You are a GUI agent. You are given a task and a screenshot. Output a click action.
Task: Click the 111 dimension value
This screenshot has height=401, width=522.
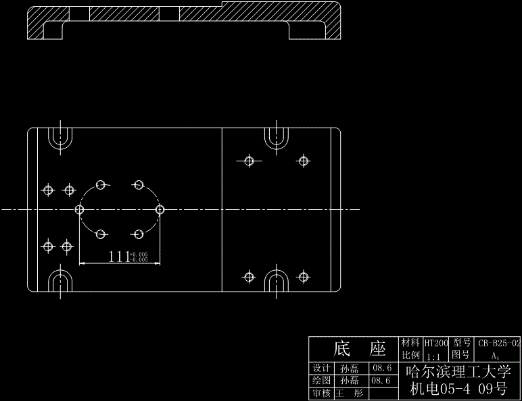click(x=119, y=256)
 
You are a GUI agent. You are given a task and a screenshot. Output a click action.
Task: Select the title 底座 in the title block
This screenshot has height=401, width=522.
click(x=359, y=349)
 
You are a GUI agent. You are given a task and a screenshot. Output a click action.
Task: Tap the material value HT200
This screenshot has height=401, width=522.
click(x=436, y=343)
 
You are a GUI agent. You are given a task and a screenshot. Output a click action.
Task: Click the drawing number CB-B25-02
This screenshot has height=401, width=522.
click(x=500, y=343)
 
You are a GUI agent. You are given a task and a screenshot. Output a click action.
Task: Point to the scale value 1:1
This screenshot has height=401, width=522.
click(x=434, y=355)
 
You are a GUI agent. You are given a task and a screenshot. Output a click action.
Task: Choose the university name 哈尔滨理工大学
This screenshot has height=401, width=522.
click(x=458, y=372)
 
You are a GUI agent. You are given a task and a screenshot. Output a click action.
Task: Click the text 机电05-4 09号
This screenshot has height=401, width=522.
click(x=458, y=389)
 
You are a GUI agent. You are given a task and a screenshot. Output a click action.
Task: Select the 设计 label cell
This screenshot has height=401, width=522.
click(x=321, y=369)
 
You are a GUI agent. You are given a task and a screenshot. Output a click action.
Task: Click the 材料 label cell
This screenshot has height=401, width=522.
click(x=410, y=343)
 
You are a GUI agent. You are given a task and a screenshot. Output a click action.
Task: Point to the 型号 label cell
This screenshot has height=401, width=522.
click(x=462, y=343)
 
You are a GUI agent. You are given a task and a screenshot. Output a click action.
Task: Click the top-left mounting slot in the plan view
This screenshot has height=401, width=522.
click(x=61, y=138)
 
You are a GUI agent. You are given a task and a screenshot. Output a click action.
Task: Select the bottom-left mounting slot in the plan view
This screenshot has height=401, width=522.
click(x=61, y=280)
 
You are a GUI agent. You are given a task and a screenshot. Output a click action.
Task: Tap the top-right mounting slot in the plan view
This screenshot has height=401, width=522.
click(x=276, y=138)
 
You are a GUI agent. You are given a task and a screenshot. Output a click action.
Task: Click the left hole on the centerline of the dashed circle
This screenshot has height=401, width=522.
click(x=80, y=209)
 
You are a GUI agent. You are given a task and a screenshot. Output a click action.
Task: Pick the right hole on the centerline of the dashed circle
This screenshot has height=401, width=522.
click(x=160, y=209)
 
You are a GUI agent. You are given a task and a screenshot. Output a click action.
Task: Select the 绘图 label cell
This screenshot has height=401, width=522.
click(x=321, y=381)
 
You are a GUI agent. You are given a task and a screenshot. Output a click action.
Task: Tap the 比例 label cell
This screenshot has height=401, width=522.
click(x=410, y=355)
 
